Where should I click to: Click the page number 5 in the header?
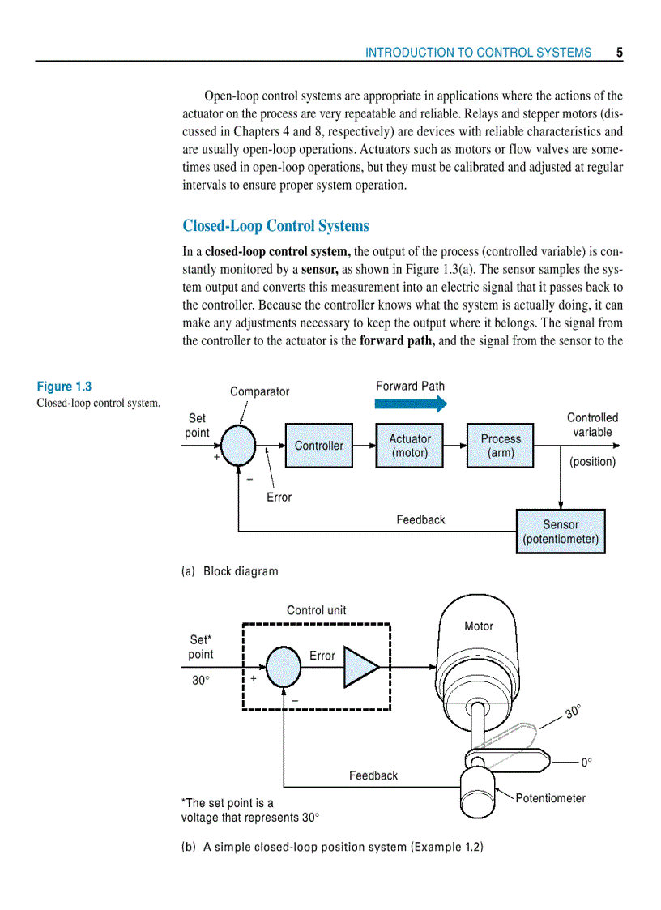(619, 53)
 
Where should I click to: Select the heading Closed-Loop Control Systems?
(275, 226)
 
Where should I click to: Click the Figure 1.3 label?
(64, 387)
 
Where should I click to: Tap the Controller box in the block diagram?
(318, 446)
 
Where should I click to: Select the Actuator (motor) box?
(410, 446)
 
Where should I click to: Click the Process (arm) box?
(501, 446)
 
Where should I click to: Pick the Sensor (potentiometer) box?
(561, 532)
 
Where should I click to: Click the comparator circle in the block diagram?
(238, 446)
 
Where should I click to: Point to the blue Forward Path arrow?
(411, 404)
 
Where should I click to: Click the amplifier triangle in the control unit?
(360, 667)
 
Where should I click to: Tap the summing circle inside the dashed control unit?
(283, 667)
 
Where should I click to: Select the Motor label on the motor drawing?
(478, 626)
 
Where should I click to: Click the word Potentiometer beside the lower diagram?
(550, 798)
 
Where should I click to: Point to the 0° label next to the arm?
(586, 763)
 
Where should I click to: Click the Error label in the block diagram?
(279, 498)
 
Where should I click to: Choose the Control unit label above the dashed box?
(316, 610)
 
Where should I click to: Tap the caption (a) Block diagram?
(229, 571)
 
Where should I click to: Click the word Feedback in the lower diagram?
(373, 775)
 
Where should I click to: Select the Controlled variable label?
(592, 425)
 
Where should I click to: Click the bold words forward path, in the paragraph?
(397, 340)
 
